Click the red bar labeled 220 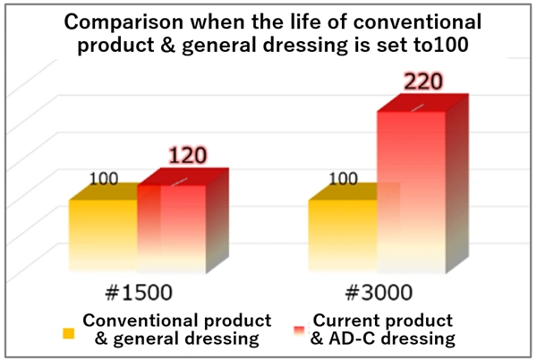click(x=410, y=193)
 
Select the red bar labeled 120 click(x=170, y=228)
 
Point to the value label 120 click(x=187, y=155)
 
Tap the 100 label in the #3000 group click(x=344, y=178)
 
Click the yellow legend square click(x=68, y=332)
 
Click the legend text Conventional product click(x=176, y=321)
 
